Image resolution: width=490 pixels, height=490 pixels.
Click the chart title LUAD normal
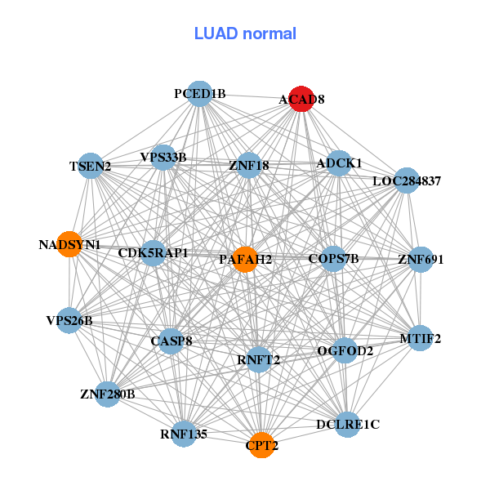pos(245,33)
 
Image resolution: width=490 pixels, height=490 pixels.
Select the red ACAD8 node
pos(302,97)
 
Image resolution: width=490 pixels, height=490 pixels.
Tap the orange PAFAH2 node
pos(245,259)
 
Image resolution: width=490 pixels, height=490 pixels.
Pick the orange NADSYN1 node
pos(70,243)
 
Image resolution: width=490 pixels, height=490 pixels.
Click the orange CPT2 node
pos(261,445)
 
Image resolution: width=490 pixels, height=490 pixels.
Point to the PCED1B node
pos(200,93)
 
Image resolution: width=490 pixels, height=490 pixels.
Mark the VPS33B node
pos(164,157)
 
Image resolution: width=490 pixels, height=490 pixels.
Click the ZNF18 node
pos(249,166)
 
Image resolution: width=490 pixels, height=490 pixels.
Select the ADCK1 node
pos(339,163)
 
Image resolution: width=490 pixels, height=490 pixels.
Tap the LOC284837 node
pos(407,180)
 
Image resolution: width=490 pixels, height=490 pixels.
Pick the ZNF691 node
pos(421,260)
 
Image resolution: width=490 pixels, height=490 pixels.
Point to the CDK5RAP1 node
pos(154,252)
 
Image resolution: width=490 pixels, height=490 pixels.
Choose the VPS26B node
pos(70,320)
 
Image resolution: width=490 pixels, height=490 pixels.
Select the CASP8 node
pos(171,341)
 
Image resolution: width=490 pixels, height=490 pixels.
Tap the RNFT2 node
pos(259,359)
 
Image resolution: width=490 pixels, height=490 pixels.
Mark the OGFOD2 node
pos(345,351)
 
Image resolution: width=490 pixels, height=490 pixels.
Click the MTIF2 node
pos(420,337)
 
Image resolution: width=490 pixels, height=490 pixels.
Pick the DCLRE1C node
pos(348,424)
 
